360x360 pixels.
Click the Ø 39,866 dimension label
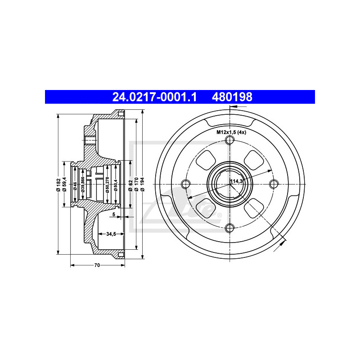click(82, 184)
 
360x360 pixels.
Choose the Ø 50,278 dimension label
click(108, 184)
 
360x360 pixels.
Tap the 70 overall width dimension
click(97, 265)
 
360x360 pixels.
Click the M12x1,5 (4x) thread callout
click(230, 132)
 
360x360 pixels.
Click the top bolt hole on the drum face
click(230, 140)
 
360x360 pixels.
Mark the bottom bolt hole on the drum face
click(230, 227)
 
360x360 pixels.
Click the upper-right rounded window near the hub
click(252, 160)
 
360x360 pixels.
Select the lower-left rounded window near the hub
click(206, 207)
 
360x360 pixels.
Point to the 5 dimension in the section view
click(113, 215)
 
